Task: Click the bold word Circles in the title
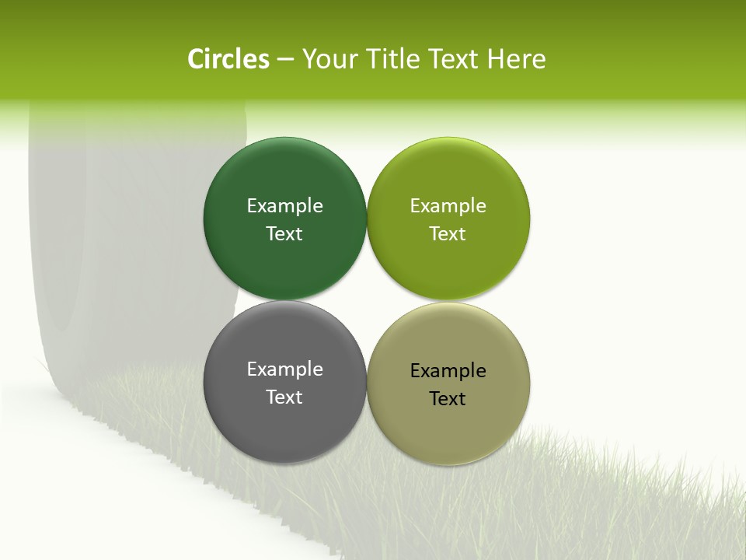coord(228,59)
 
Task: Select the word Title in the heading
coord(393,59)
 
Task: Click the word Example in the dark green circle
coord(284,206)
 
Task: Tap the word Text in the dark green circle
coord(284,234)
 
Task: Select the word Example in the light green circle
coord(448,206)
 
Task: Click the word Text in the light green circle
coord(448,234)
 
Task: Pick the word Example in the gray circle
coord(284,369)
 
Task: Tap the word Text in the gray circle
coord(284,397)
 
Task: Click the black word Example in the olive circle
coord(448,371)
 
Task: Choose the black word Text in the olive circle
coord(448,399)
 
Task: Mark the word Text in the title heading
coord(455,59)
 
